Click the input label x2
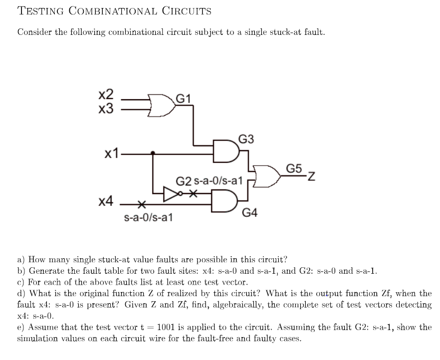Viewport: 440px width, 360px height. coord(107,95)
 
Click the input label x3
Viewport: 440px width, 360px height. coord(107,108)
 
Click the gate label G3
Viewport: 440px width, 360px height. coord(247,139)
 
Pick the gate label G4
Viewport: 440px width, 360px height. coord(250,213)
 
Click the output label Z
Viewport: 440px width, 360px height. coord(312,176)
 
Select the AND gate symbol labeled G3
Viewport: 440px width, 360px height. coord(224,149)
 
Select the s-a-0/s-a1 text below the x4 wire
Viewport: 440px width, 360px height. coord(148,217)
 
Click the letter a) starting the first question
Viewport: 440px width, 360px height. coord(21,259)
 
